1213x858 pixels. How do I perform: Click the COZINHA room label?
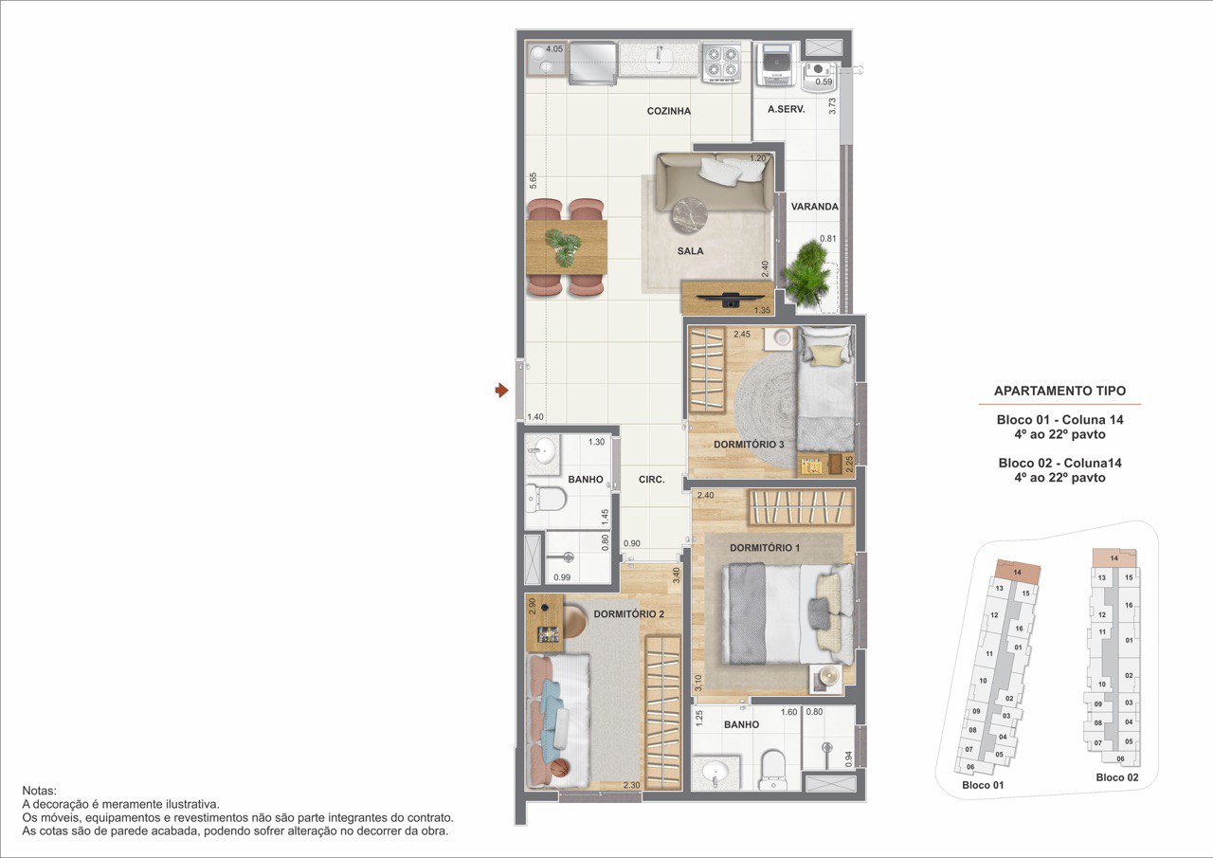(x=669, y=111)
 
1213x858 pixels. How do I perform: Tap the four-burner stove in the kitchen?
(x=722, y=63)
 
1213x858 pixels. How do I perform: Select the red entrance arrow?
(x=502, y=390)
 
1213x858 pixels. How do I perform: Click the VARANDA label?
(x=814, y=207)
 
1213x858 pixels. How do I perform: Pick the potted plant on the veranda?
(x=807, y=274)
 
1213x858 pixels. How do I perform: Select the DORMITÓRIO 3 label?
(x=749, y=445)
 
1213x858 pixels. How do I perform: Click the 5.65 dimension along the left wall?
(x=533, y=180)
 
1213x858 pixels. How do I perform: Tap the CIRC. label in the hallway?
(x=651, y=480)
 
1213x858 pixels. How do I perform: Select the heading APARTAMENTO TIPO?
(x=1059, y=391)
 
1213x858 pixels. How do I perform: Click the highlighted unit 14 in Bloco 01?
(x=1018, y=572)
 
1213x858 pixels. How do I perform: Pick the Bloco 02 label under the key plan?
(x=1117, y=777)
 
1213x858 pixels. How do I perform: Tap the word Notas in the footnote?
(x=39, y=791)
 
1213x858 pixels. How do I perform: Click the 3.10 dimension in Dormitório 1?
(x=698, y=683)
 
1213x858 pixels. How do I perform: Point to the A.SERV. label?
(x=787, y=109)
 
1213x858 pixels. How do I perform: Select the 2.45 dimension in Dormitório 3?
(x=742, y=335)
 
